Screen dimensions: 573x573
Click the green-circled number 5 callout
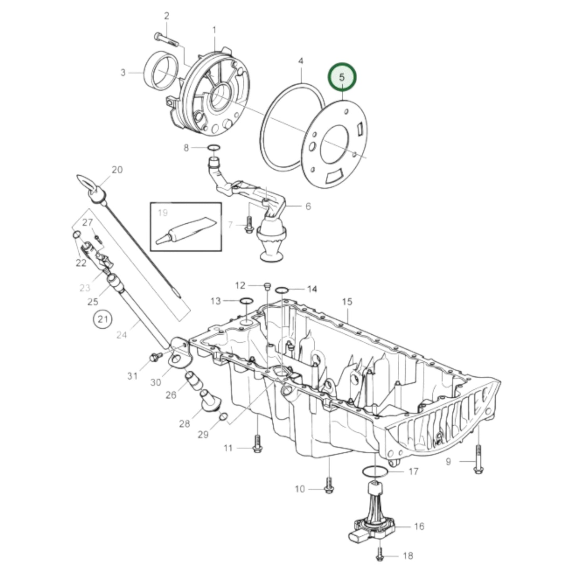pos(342,77)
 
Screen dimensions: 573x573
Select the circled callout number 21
pos(103,319)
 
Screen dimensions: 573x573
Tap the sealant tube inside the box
pos(186,230)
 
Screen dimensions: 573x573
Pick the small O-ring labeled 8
pos(214,148)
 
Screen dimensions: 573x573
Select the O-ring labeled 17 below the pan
pos(375,472)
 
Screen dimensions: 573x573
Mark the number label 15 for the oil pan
pos(347,302)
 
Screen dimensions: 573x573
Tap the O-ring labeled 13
pos(246,301)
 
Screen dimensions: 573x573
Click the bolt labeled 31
pos(155,357)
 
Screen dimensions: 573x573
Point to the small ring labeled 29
pos(223,416)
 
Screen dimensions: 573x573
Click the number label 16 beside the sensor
pos(419,526)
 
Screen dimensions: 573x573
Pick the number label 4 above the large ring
pos(301,61)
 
